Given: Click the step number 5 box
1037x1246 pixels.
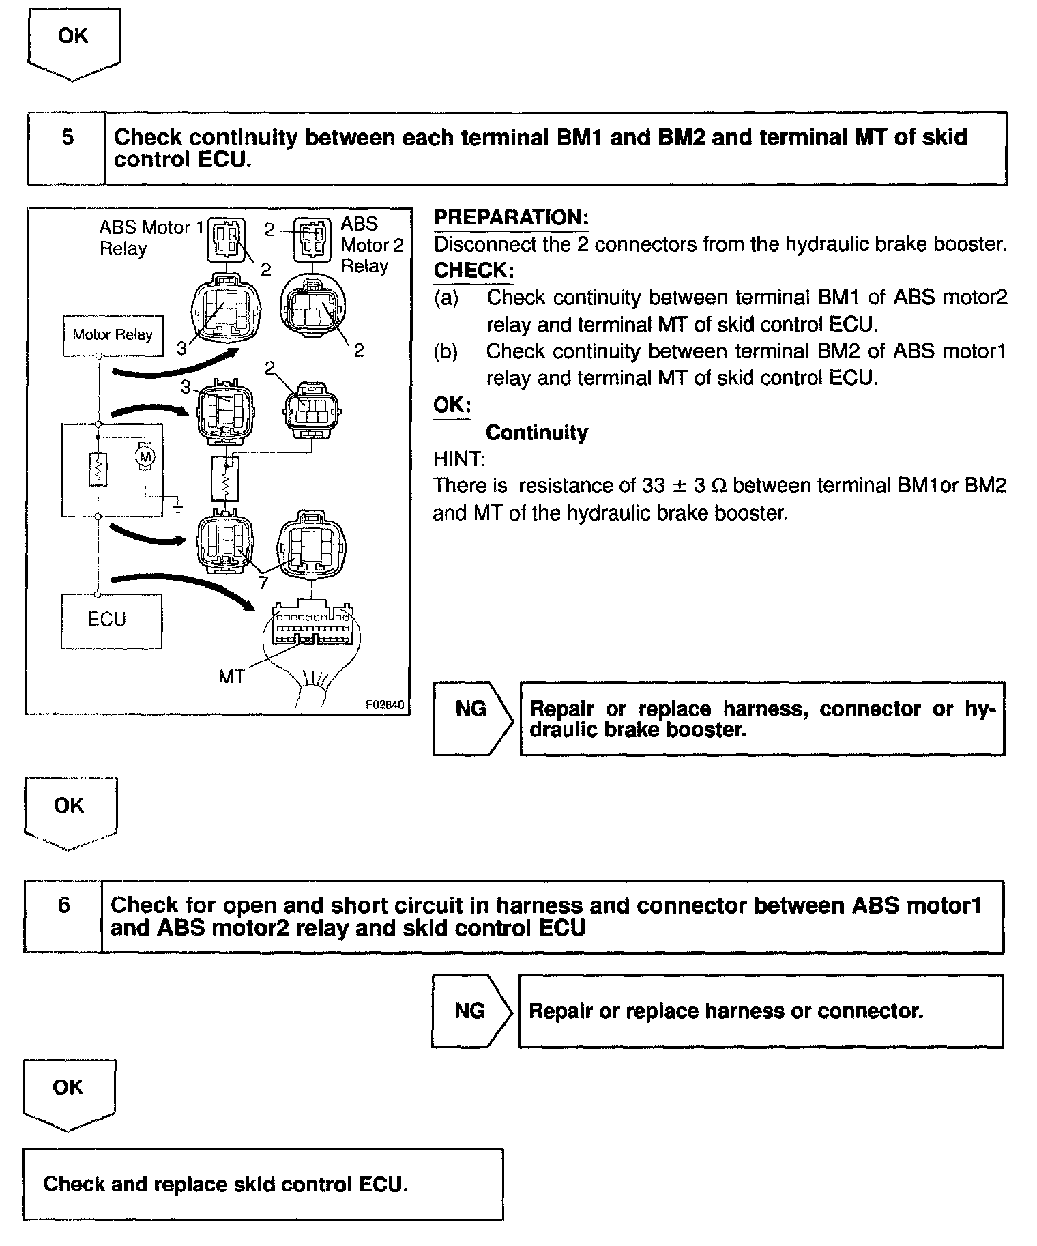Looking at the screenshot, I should pyautogui.click(x=67, y=148).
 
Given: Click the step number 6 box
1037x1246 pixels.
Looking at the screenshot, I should pyautogui.click(x=63, y=916).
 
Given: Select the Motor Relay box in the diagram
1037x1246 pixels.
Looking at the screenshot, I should pyautogui.click(x=113, y=335).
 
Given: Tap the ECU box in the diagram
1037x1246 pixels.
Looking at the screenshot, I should pyautogui.click(x=111, y=620).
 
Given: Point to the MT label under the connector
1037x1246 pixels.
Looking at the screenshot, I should pyautogui.click(x=231, y=676).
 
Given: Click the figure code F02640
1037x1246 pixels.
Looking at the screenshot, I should pyautogui.click(x=385, y=705).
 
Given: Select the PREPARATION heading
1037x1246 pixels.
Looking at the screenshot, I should pyautogui.click(x=511, y=218).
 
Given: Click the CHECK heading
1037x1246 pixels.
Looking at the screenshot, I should pyautogui.click(x=473, y=271).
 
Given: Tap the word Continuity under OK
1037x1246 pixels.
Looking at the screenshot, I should pyautogui.click(x=536, y=433).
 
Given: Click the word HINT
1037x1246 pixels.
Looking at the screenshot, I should pyautogui.click(x=458, y=459).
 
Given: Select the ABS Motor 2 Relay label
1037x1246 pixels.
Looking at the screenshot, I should pyautogui.click(x=371, y=244).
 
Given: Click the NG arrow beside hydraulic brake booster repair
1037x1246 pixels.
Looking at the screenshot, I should pyautogui.click(x=472, y=718).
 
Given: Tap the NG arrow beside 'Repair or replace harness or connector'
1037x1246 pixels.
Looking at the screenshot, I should pyautogui.click(x=471, y=1011).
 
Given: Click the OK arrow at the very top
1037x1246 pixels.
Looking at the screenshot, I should pyautogui.click(x=74, y=41).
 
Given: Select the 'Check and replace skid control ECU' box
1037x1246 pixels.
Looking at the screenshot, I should pyautogui.click(x=263, y=1184).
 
